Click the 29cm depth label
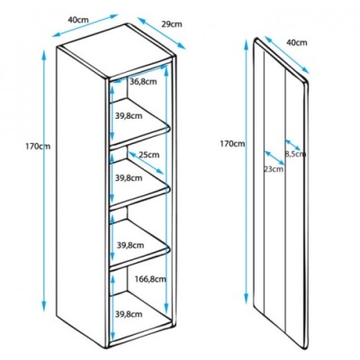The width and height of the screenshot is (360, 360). (172, 24)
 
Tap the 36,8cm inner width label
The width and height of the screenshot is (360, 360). (143, 82)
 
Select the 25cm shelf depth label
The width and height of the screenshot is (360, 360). (148, 155)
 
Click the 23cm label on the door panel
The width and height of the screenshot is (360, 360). (274, 169)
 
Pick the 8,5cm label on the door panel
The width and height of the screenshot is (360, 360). (295, 154)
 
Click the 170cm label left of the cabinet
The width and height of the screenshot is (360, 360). (38, 147)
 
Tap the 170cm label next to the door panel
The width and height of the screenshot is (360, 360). (232, 144)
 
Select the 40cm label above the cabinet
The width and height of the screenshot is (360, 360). (78, 20)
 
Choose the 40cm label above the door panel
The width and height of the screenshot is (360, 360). (297, 42)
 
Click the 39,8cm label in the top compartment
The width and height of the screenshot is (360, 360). (129, 116)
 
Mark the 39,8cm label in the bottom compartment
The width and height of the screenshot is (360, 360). (129, 314)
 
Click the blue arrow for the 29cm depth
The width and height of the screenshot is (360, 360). (161, 33)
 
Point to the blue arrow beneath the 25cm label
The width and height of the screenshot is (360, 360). (146, 163)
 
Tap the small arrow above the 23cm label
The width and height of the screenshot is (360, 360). (274, 157)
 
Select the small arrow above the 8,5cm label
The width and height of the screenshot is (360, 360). (292, 145)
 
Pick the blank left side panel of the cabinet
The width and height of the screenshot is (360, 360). (82, 198)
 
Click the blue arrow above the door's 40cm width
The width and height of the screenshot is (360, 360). (287, 55)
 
